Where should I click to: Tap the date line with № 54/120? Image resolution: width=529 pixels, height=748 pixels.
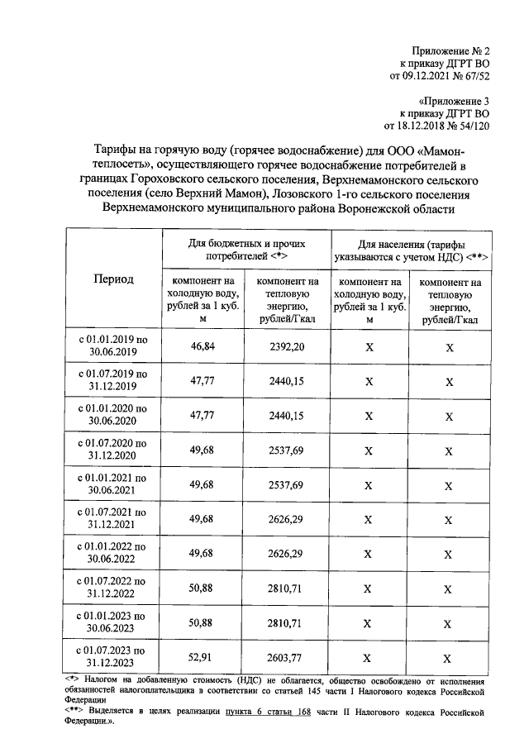click(x=437, y=126)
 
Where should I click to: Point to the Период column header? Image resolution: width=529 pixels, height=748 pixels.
click(x=112, y=279)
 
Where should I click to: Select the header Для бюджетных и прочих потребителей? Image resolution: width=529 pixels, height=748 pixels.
click(x=246, y=250)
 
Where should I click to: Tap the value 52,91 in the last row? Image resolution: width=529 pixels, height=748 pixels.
click(x=203, y=658)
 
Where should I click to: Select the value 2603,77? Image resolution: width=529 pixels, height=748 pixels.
click(x=287, y=658)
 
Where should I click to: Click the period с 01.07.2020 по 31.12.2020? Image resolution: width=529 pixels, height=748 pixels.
click(x=112, y=450)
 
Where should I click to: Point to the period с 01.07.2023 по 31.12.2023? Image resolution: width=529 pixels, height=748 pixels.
click(x=112, y=658)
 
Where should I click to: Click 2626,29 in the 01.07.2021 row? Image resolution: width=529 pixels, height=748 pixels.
click(x=287, y=519)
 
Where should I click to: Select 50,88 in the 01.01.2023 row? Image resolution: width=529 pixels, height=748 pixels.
click(x=203, y=622)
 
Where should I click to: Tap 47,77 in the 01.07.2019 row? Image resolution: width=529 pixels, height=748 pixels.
click(x=203, y=381)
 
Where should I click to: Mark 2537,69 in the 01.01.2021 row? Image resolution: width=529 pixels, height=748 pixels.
click(x=287, y=484)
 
